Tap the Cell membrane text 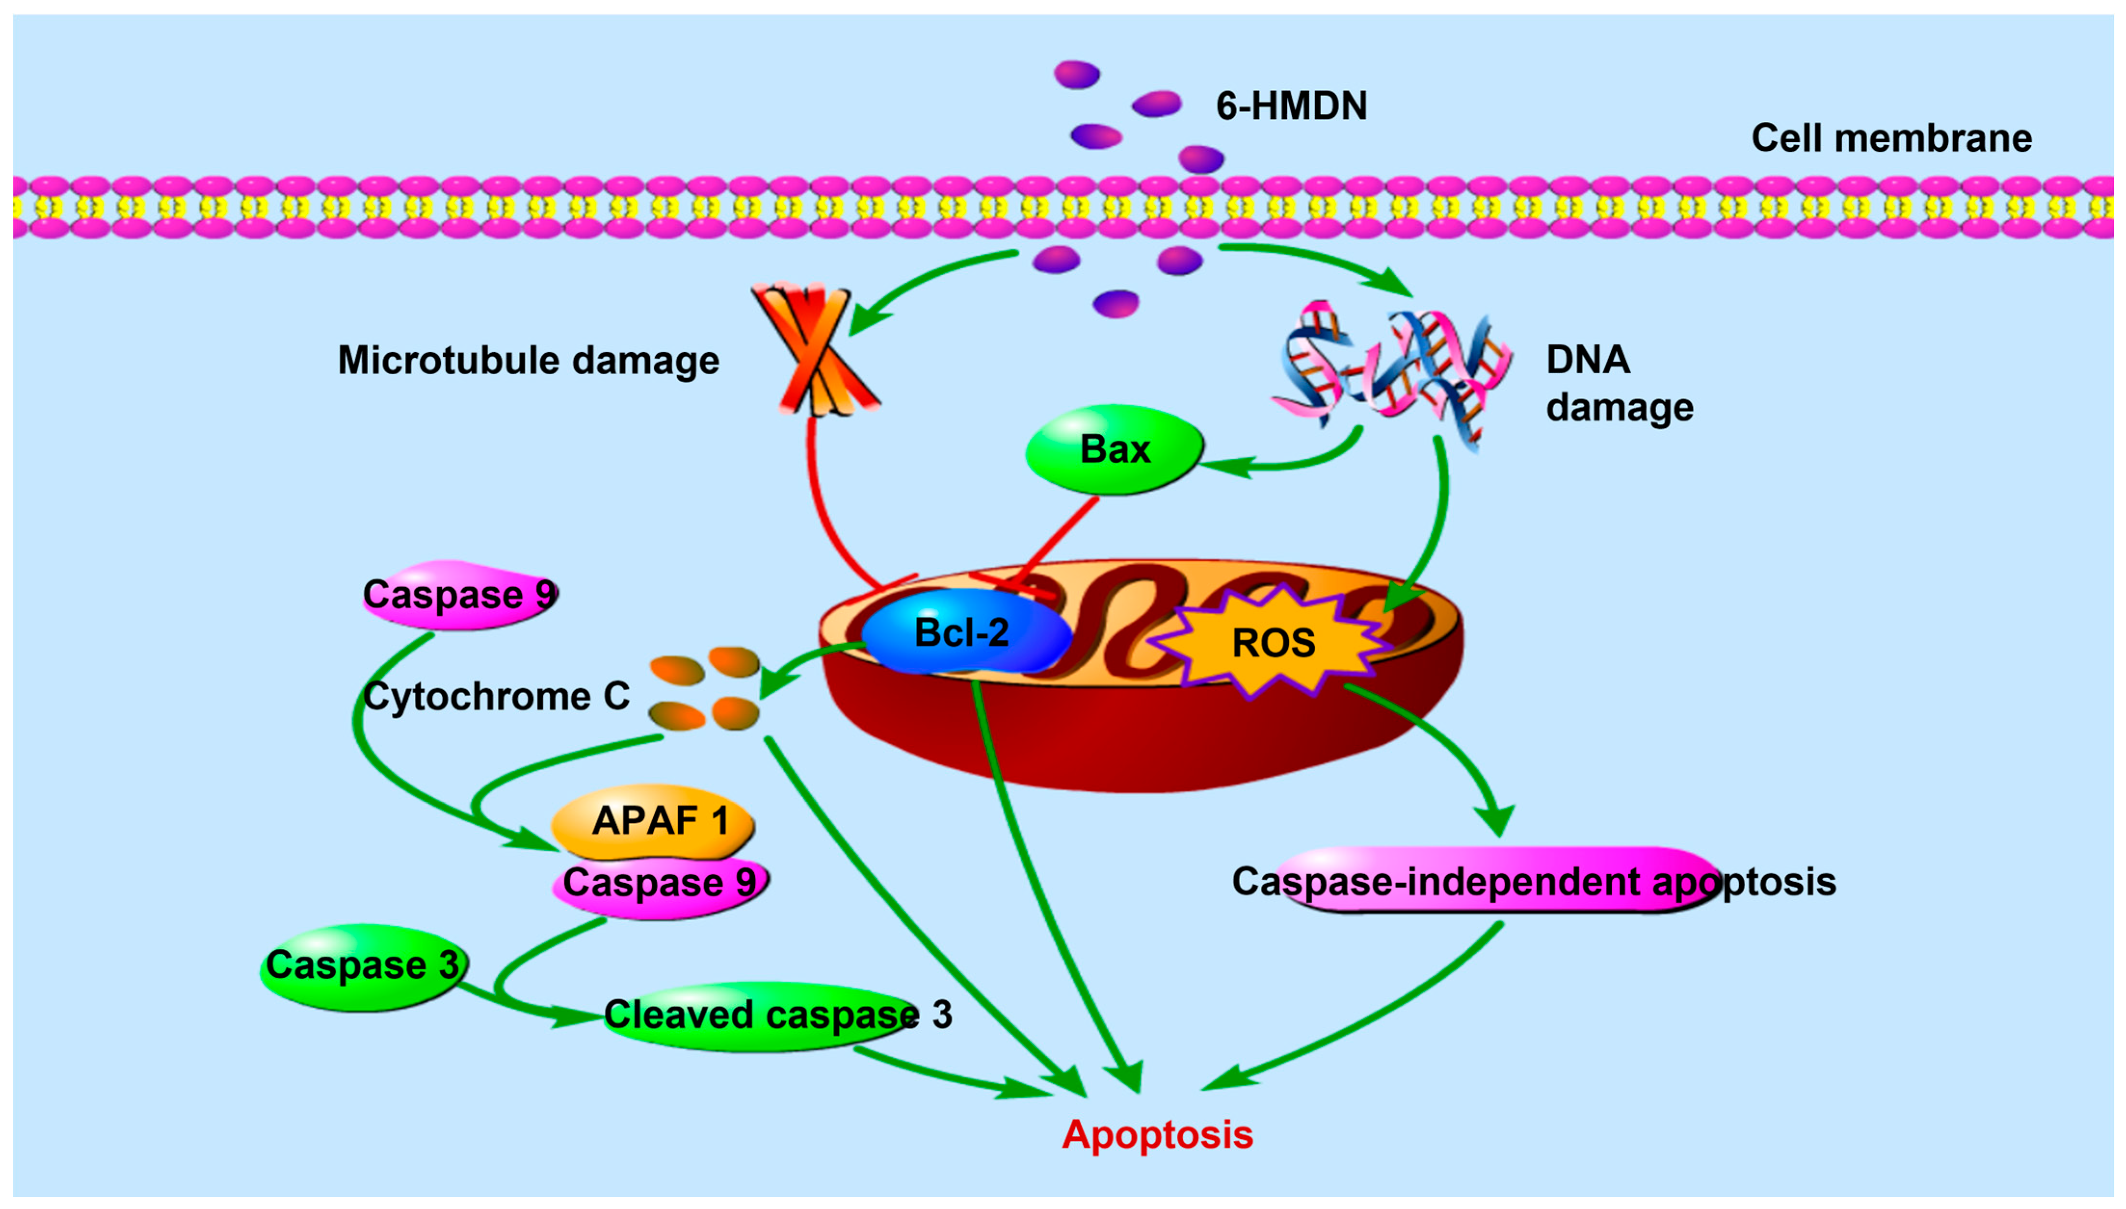[1891, 138]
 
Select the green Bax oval [1114, 449]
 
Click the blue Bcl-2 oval [964, 633]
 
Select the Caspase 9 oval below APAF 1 [660, 883]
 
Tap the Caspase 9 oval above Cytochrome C [459, 594]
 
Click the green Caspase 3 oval [363, 966]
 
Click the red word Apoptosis [1157, 1134]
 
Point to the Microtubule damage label [528, 360]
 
